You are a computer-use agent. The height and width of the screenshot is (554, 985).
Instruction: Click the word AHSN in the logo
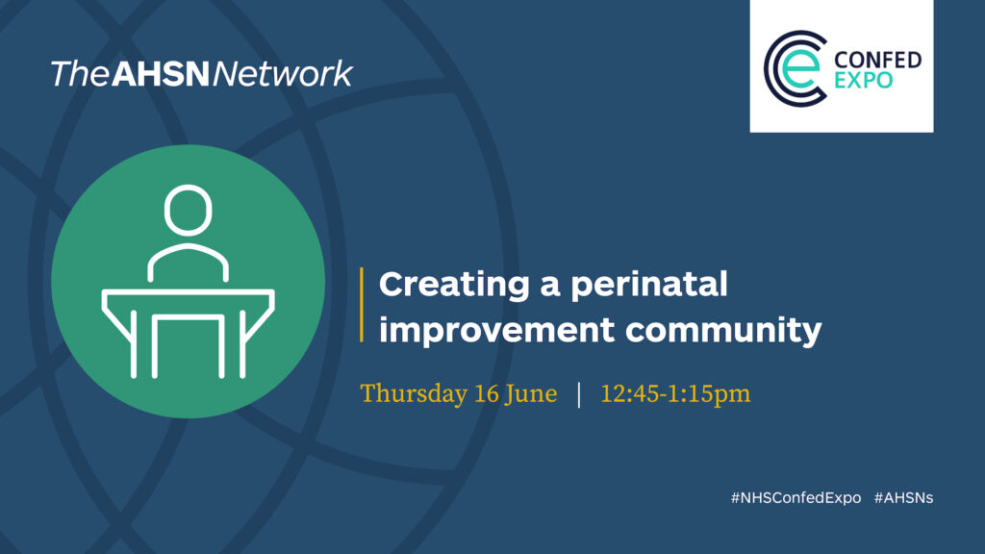coord(161,74)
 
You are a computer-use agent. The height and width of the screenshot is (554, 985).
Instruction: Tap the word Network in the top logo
coord(283,74)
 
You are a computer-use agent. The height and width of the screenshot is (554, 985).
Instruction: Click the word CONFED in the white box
coord(877,61)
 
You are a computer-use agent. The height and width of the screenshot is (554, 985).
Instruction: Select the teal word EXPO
coord(863,81)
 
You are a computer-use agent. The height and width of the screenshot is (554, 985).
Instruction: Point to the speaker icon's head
coord(188,210)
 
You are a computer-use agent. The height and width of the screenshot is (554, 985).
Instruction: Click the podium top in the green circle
coord(188,292)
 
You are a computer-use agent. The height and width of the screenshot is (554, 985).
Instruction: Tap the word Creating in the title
coord(454,285)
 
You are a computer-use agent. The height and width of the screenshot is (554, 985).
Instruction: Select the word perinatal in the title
coord(649,285)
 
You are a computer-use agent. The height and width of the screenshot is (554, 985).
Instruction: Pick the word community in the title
coord(723,331)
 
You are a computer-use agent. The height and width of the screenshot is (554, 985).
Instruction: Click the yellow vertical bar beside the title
coord(362,305)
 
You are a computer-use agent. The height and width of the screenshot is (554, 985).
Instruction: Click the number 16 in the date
coord(486,393)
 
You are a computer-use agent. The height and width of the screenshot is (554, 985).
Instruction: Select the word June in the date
coord(531,393)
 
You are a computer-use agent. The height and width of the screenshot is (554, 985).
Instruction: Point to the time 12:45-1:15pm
coord(675,393)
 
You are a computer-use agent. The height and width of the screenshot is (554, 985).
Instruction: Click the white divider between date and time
coord(578,394)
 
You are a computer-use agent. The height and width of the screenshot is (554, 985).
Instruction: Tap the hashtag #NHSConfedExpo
coord(796,498)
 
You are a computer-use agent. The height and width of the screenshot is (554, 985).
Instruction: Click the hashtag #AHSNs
coord(903,498)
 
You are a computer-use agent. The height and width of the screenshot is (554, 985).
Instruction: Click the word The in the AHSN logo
coord(79,74)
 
